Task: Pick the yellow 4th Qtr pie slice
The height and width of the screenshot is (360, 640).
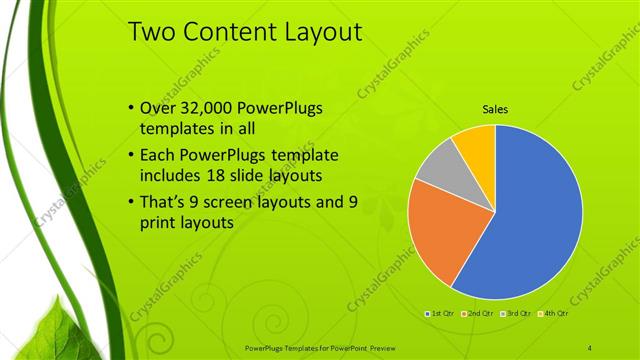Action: pos(476,142)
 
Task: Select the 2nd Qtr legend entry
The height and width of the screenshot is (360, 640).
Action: pos(478,313)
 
